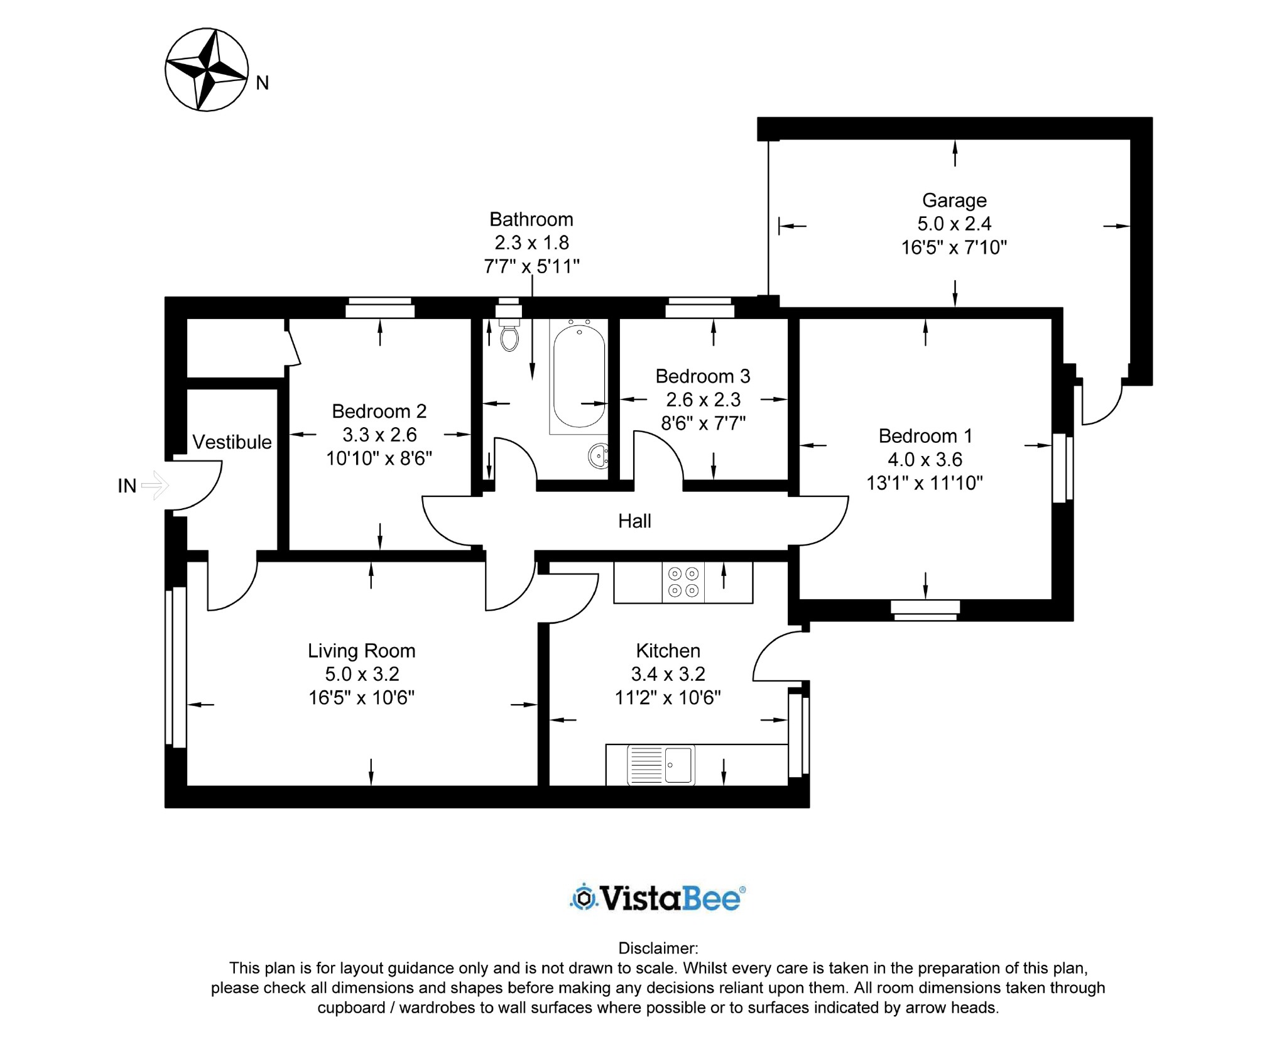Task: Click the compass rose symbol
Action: click(x=207, y=70)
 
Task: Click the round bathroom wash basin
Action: click(x=599, y=455)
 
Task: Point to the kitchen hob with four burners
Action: click(x=683, y=582)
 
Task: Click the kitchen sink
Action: click(x=661, y=764)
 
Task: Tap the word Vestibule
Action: click(x=232, y=442)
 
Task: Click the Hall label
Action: click(x=634, y=521)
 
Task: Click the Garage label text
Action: click(x=954, y=200)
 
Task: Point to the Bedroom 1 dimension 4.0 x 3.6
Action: click(x=925, y=459)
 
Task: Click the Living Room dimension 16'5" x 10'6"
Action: click(x=361, y=697)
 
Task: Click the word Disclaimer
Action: click(x=658, y=948)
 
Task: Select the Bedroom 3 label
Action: click(x=703, y=376)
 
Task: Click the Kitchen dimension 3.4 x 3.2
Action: click(x=668, y=673)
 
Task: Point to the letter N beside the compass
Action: click(x=263, y=83)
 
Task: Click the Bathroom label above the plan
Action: click(x=531, y=219)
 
